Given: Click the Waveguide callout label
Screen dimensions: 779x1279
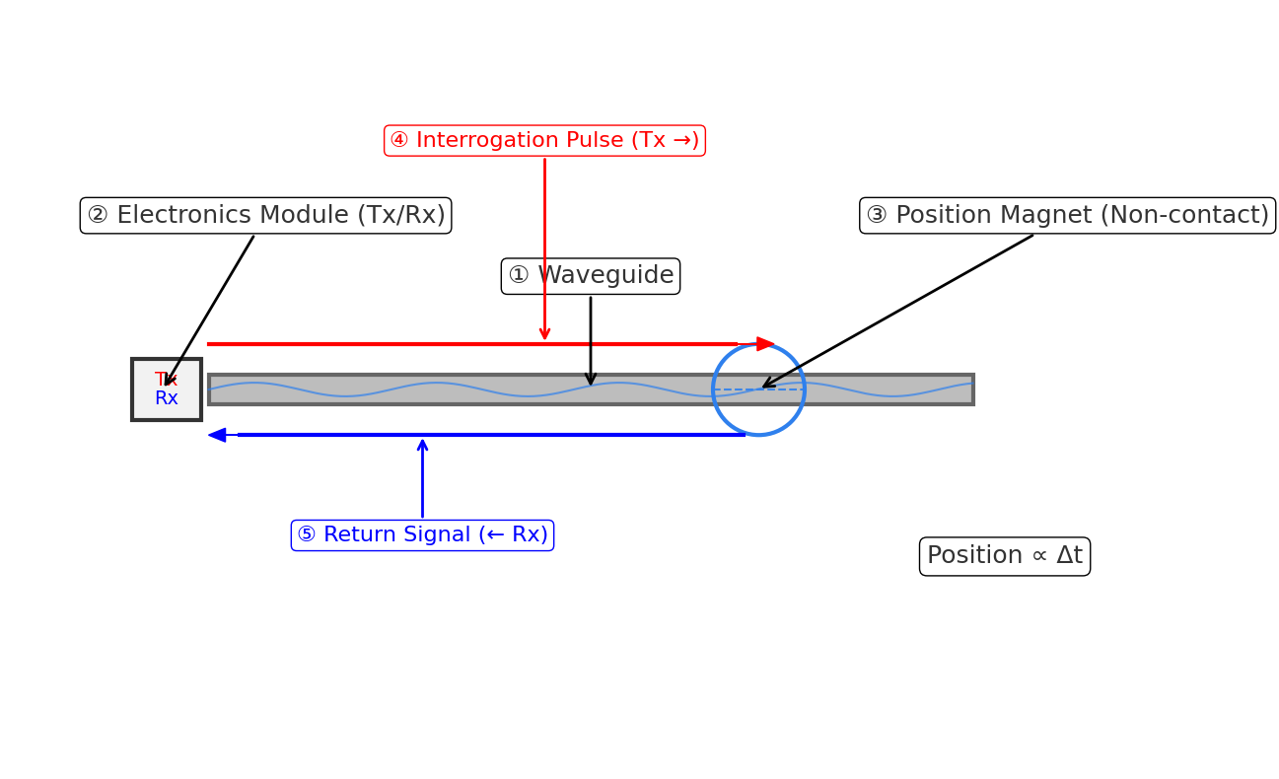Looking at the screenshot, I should click(x=590, y=276).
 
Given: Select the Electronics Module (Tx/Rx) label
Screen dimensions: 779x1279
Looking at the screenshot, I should click(x=265, y=216).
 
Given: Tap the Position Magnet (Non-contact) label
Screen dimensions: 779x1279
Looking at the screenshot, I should click(x=1067, y=216).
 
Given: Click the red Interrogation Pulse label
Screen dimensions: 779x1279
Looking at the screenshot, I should click(x=544, y=141).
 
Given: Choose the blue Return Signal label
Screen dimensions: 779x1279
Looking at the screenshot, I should click(x=422, y=535).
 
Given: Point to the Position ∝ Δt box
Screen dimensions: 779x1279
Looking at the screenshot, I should click(x=1004, y=556).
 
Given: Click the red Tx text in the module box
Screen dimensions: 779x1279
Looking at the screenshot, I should click(x=166, y=380).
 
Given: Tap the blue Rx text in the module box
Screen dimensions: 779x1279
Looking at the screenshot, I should click(x=166, y=398).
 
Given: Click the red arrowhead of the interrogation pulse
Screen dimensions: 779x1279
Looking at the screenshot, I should click(x=765, y=344).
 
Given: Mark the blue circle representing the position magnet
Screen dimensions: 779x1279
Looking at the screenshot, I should click(x=758, y=345).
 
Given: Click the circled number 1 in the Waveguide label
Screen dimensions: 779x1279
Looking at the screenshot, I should click(x=519, y=276).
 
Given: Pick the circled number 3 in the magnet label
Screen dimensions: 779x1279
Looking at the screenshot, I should click(x=877, y=216).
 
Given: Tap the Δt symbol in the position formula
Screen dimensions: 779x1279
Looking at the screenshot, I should click(x=1069, y=556).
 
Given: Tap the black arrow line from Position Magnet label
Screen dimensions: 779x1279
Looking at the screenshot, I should click(x=897, y=312).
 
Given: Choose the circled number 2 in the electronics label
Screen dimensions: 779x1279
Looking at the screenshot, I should click(x=98, y=216).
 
